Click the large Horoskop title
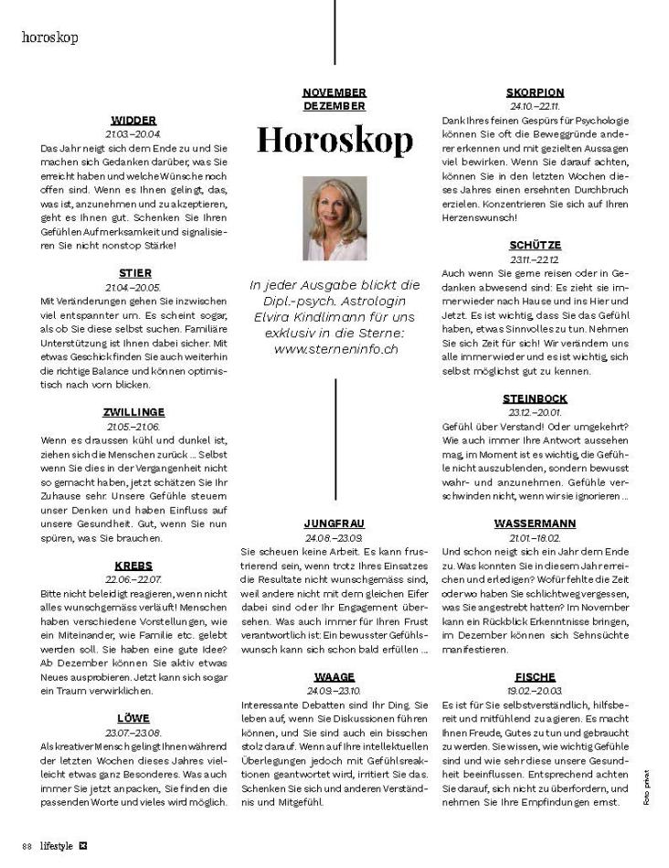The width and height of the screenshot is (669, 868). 334,139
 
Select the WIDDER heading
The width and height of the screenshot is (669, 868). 133,120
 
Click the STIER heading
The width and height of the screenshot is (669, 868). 134,272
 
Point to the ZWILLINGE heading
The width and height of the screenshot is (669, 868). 133,412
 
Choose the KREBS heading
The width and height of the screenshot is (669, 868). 133,566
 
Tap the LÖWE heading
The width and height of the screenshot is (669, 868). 133,718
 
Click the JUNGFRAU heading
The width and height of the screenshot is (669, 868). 334,524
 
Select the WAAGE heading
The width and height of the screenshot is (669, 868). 334,676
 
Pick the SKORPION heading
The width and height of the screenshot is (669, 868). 535,92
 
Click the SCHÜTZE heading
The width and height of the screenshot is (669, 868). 535,245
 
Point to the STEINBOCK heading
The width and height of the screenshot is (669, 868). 535,398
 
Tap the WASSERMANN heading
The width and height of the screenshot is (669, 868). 535,524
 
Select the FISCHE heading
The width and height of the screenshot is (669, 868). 535,677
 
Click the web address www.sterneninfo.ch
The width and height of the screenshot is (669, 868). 334,349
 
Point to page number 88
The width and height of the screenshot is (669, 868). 27,842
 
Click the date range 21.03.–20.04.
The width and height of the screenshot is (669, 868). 133,133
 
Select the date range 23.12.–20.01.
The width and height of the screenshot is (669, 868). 535,412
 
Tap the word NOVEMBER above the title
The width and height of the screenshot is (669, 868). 334,92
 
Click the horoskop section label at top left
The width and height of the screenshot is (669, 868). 49,37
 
